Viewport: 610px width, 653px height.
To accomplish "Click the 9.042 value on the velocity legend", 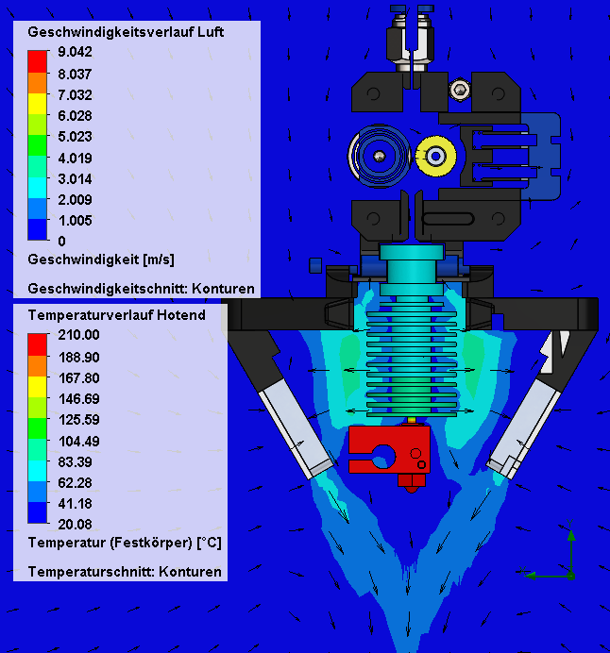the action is tap(75, 52).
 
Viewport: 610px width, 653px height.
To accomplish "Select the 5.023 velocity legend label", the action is tap(75, 137).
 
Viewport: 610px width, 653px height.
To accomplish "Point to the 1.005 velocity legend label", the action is tap(75, 220).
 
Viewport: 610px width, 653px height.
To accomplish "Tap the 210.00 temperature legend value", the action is tap(78, 335).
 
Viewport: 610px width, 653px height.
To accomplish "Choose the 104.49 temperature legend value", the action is tap(78, 441).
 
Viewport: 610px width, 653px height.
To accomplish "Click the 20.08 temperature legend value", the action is tap(75, 525).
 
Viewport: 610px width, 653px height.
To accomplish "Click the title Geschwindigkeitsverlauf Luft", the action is tap(126, 32).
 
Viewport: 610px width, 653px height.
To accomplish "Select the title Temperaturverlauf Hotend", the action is tap(117, 315).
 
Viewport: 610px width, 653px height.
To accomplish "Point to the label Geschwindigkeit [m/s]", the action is tap(101, 260).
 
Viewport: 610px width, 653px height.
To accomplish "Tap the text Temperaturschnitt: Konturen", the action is tap(125, 572).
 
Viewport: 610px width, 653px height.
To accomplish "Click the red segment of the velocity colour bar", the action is tap(37, 61).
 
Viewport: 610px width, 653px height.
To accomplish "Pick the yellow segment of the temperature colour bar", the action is tap(37, 387).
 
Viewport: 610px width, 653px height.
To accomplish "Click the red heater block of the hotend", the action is tap(389, 449).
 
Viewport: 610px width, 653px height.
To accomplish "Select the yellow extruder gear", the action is tap(436, 156).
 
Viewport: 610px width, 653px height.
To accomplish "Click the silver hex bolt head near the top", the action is tap(460, 89).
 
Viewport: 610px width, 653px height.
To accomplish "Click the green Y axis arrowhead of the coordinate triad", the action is tap(571, 536).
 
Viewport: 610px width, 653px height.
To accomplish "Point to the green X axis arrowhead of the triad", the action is tap(531, 576).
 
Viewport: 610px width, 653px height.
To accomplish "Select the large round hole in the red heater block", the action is tap(384, 457).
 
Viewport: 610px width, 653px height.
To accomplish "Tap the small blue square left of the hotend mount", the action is tap(315, 265).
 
